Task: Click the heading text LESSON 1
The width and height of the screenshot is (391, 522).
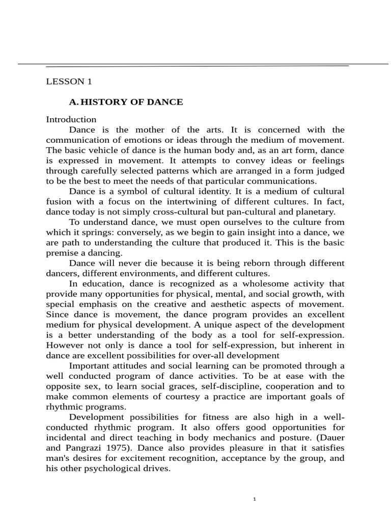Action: click(x=69, y=81)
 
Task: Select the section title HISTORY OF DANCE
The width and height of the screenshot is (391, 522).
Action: click(x=132, y=102)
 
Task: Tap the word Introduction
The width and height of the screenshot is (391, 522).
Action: click(x=71, y=119)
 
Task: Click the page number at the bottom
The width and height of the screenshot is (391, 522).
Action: click(x=255, y=499)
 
